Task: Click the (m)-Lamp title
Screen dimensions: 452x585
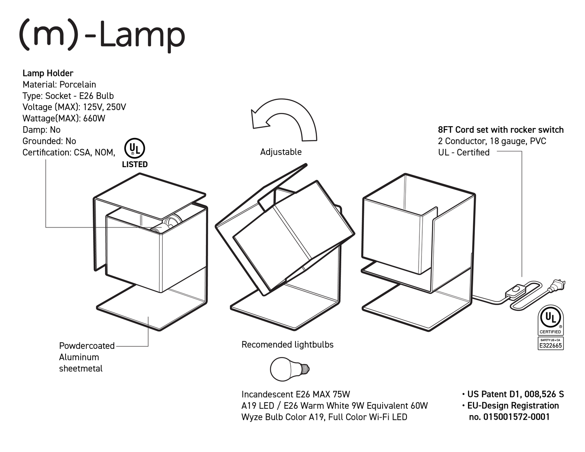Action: coord(102,36)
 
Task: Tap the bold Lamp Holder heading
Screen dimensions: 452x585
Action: coord(48,73)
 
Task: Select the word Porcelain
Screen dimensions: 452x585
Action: coord(78,85)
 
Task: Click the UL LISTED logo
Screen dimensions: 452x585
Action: coord(135,153)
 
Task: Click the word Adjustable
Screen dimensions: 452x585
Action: coord(281,152)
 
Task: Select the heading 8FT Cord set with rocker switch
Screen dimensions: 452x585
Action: coord(500,130)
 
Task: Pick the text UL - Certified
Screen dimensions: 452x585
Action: coord(464,153)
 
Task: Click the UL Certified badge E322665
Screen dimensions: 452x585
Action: coord(550,328)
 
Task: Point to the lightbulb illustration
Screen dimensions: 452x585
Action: coord(289,369)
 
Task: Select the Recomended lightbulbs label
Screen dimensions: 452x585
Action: coord(287,345)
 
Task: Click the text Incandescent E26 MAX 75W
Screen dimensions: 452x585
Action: coord(296,395)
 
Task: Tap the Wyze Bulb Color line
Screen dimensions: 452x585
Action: coord(324,417)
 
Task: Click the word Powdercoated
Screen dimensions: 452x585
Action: coord(87,346)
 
